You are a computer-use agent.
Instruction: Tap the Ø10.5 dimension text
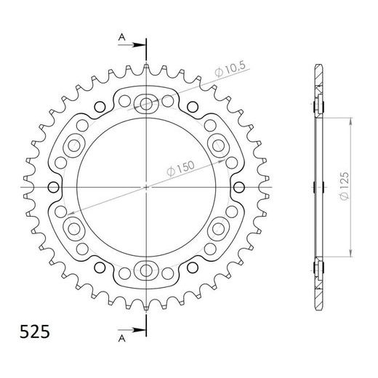(x=231, y=70)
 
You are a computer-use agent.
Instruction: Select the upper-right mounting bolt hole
(x=219, y=145)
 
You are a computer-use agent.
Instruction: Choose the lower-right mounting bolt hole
(x=219, y=230)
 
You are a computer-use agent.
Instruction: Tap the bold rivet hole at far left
(x=52, y=188)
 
